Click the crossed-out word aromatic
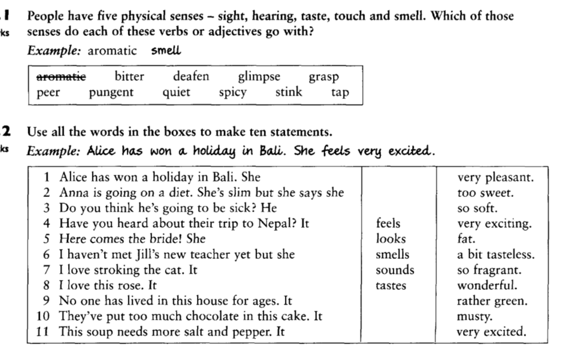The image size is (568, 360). coord(61,77)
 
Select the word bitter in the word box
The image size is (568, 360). coord(129,76)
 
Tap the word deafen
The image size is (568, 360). coord(191,76)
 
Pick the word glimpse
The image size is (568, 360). coord(259,77)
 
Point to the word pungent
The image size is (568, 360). coord(111,92)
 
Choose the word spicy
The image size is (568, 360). coord(233,93)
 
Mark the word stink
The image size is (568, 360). coord(289,92)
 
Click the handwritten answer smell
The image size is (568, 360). coord(166,51)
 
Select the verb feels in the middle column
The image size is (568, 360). coord(388,223)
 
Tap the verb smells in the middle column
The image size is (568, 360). coord(393,254)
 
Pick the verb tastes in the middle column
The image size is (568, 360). coord(390,285)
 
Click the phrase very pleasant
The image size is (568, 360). coord(495,178)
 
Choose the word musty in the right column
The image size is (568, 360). coord(471,317)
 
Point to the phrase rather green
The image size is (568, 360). coord(492,301)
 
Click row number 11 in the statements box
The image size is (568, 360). coord(46,332)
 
